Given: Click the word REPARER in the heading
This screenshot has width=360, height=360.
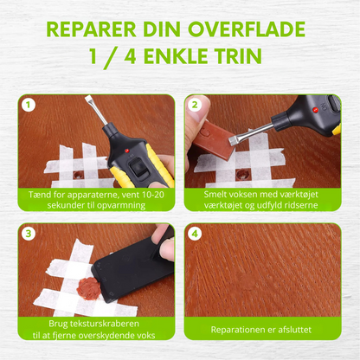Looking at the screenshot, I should pos(93,31).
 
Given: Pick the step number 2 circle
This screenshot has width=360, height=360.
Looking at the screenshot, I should pos(196,106).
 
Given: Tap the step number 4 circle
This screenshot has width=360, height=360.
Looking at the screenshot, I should pos(196,235).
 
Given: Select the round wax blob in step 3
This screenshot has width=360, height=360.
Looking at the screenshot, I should pos(88,286).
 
